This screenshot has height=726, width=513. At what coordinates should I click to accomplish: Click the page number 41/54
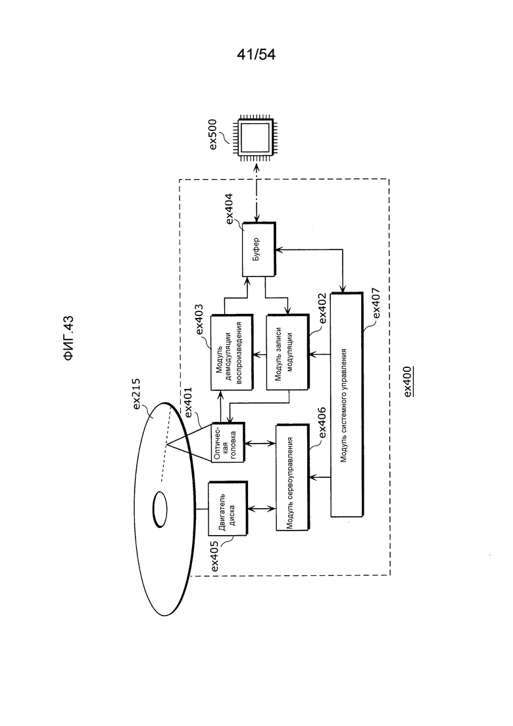tap(256, 55)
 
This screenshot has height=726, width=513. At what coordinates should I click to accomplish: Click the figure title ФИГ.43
tap(68, 338)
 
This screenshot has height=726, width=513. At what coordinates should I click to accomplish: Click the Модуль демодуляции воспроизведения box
tap(232, 353)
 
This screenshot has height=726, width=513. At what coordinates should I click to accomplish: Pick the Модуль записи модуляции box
tap(287, 353)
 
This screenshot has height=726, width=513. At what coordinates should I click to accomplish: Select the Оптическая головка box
tap(228, 442)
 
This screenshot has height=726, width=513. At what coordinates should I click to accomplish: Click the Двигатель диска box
tap(228, 509)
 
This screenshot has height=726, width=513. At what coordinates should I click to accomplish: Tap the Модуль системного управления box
tap(347, 405)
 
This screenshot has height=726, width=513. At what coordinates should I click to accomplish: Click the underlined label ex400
tap(408, 381)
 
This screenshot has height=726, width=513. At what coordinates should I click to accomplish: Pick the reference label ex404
tap(230, 209)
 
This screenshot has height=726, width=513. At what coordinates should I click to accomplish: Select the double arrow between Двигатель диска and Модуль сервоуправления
tap(262, 509)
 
